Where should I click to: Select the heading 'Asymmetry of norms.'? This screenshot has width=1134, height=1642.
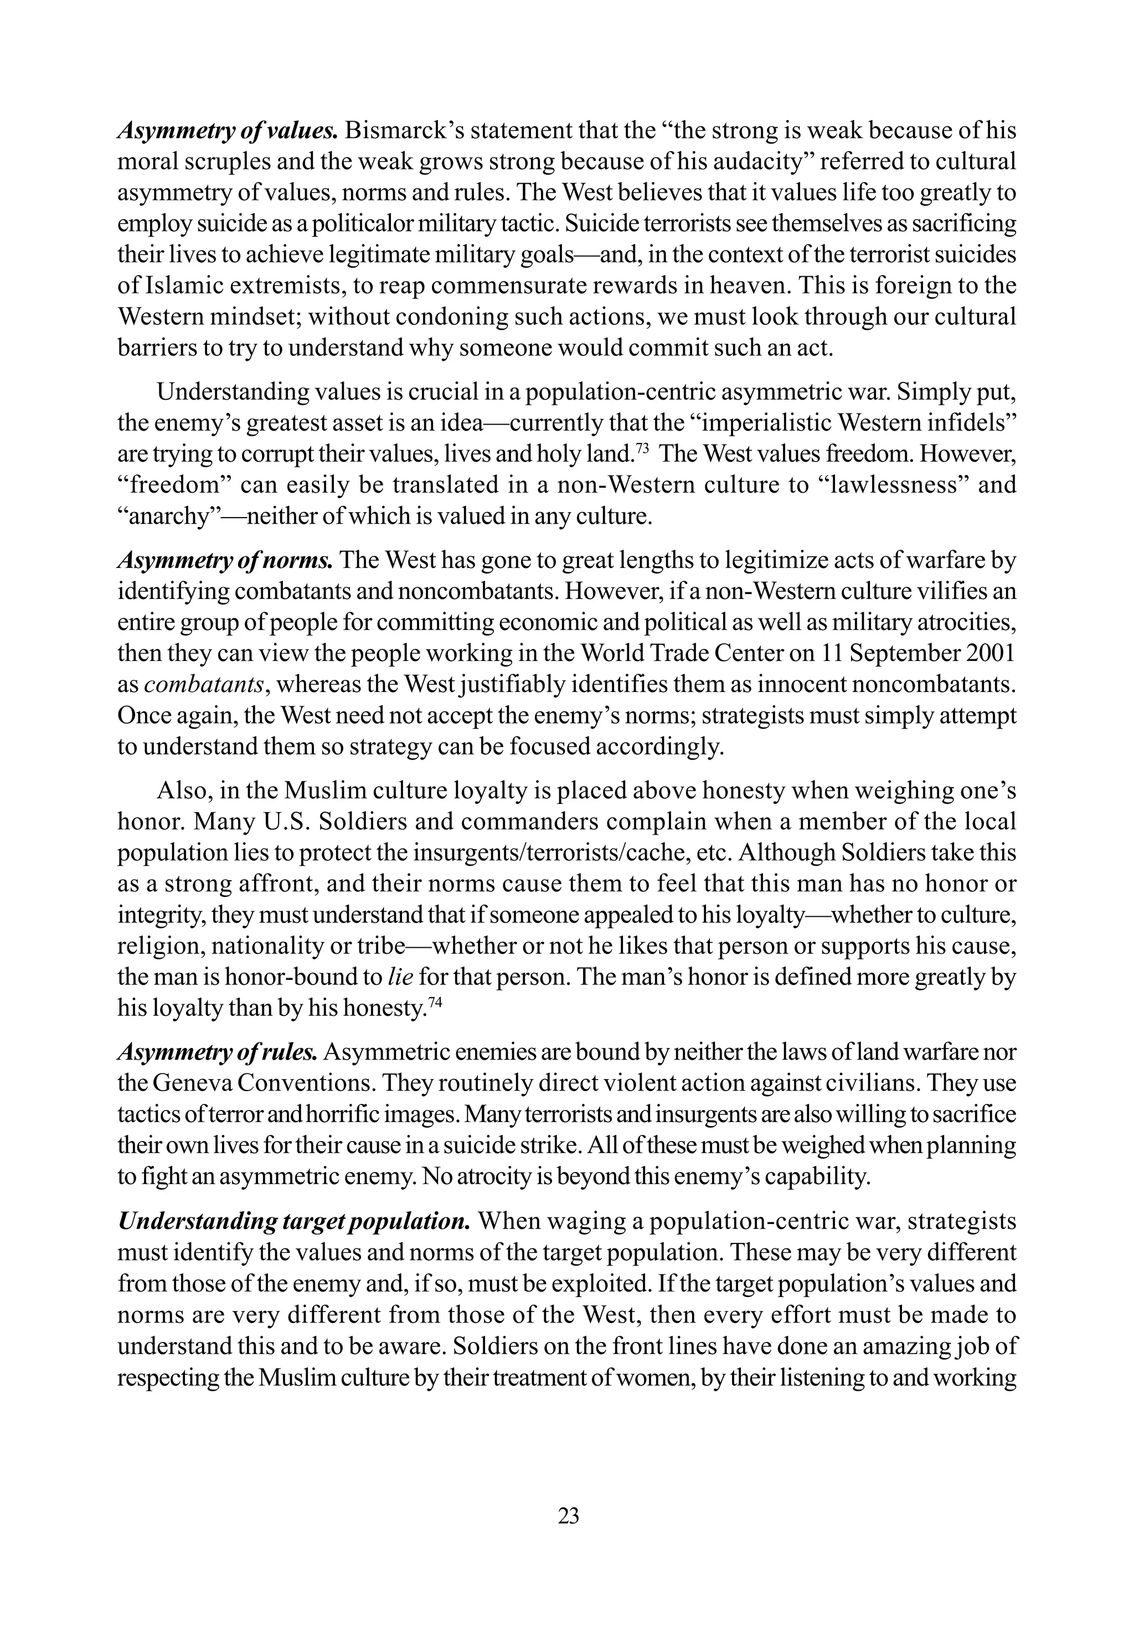coord(224,560)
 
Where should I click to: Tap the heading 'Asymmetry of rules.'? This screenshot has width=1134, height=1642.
coord(218,1052)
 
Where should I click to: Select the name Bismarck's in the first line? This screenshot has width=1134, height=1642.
coord(404,131)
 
